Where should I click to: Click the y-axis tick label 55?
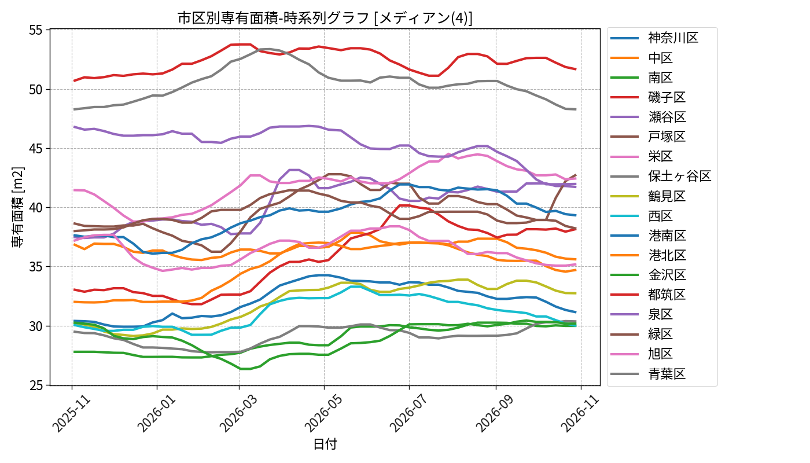pyautogui.click(x=36, y=30)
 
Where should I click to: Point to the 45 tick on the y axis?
pyautogui.click(x=36, y=149)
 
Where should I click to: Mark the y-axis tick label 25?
pyautogui.click(x=36, y=385)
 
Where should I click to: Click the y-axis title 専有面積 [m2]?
pyautogui.click(x=18, y=207)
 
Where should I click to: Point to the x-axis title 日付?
pyautogui.click(x=325, y=444)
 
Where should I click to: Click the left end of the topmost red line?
pyautogui.click(x=74, y=80)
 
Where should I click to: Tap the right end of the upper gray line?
pyautogui.click(x=576, y=109)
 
